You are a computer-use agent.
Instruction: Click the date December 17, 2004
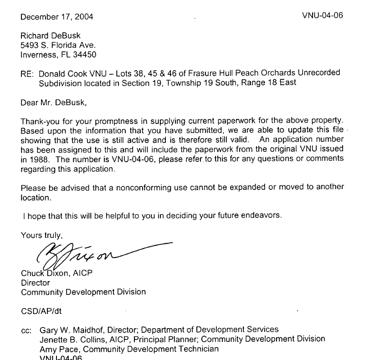click(57, 17)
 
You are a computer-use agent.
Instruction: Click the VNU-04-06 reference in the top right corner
click(322, 15)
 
